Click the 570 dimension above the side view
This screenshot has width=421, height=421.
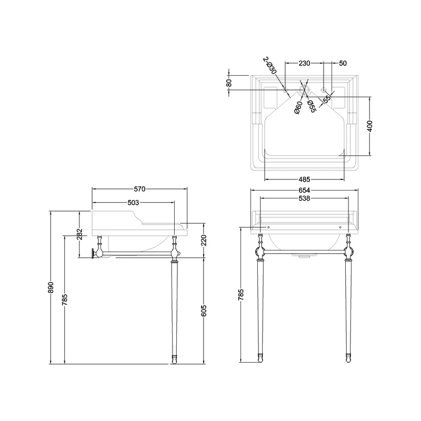click(x=139, y=189)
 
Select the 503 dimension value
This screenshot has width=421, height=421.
click(x=133, y=203)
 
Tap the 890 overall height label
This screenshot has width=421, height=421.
click(x=51, y=287)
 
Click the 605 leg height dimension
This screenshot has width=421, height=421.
click(x=205, y=310)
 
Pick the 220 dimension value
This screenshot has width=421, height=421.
click(x=205, y=241)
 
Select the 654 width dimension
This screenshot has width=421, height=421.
click(x=304, y=190)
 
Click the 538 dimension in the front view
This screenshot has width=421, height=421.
click(x=304, y=199)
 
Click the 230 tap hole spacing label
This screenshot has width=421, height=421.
click(x=304, y=63)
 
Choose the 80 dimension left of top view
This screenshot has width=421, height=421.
click(x=229, y=83)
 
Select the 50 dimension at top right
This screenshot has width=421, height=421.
click(x=343, y=63)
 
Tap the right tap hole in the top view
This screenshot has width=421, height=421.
click(x=323, y=89)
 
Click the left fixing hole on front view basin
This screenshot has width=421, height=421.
click(x=268, y=227)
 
